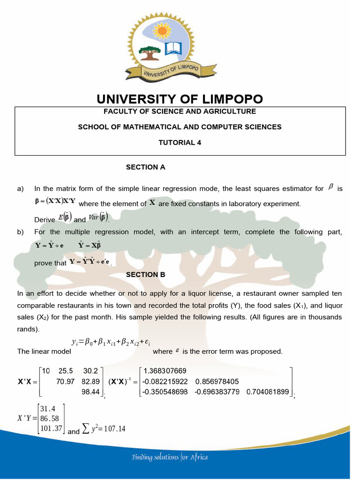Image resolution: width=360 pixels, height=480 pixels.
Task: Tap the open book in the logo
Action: (173, 48)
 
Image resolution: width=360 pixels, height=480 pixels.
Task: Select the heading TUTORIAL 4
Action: (180, 142)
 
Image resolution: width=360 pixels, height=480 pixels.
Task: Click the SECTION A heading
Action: (146, 167)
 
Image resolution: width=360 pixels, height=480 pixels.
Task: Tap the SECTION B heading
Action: (146, 275)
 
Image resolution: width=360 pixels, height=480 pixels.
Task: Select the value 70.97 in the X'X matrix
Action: (65, 382)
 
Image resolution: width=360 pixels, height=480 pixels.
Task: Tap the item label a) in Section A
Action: (20, 189)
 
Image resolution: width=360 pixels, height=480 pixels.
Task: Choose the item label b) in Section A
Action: (20, 232)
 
